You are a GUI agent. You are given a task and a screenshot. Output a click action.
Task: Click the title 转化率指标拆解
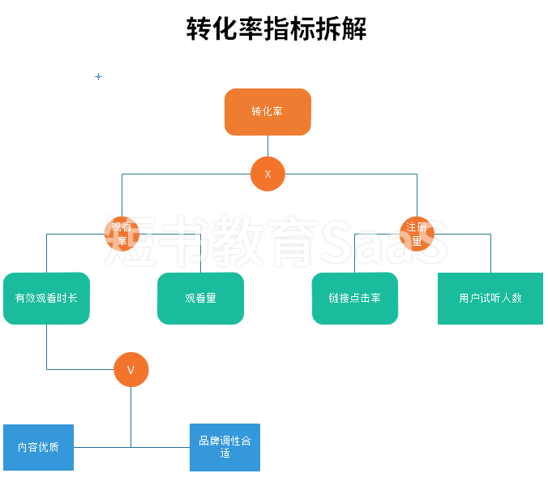[276, 29]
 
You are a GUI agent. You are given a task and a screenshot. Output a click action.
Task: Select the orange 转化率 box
[268, 112]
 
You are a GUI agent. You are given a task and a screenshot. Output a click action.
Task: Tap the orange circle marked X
[268, 174]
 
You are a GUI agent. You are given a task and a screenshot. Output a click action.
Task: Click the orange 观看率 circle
[122, 234]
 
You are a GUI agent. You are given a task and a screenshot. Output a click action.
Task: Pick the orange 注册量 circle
[417, 234]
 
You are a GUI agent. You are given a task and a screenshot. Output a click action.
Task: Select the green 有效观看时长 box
[46, 298]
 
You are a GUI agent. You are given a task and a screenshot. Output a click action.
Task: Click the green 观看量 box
[200, 298]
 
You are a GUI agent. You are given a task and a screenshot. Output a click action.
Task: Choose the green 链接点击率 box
[355, 298]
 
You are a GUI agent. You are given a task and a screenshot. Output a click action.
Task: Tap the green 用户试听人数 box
[490, 298]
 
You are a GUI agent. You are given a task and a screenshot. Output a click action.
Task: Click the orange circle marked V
[131, 370]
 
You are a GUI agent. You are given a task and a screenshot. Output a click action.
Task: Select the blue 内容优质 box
[38, 447]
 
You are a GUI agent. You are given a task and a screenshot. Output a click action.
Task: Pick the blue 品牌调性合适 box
[225, 447]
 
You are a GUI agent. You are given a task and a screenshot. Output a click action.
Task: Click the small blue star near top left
[99, 76]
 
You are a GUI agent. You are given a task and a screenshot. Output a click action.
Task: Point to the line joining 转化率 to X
[268, 146]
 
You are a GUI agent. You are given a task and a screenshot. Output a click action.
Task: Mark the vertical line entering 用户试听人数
[490, 253]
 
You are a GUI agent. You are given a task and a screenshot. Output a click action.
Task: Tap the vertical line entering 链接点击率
[355, 253]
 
